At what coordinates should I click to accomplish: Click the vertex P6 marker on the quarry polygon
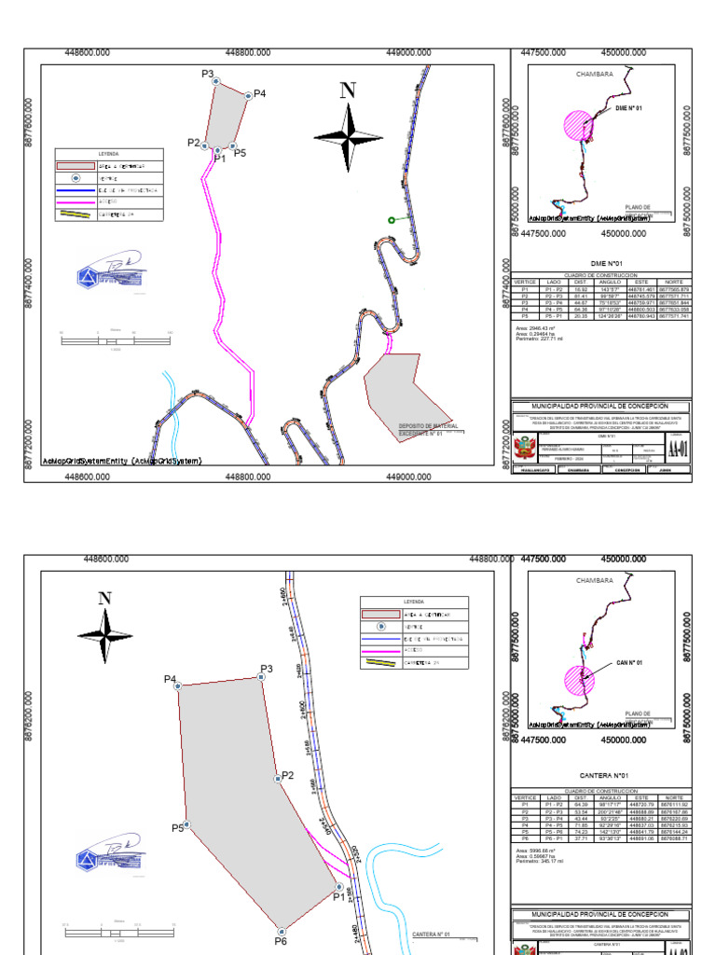(281, 930)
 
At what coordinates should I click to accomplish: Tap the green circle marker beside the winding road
(392, 220)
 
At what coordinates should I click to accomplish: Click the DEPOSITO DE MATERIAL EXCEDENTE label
(420, 430)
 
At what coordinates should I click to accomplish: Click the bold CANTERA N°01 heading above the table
(603, 775)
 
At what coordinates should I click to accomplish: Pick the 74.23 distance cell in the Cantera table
(581, 831)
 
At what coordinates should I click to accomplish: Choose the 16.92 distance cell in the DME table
(581, 290)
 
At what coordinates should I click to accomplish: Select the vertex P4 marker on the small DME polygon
(248, 94)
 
